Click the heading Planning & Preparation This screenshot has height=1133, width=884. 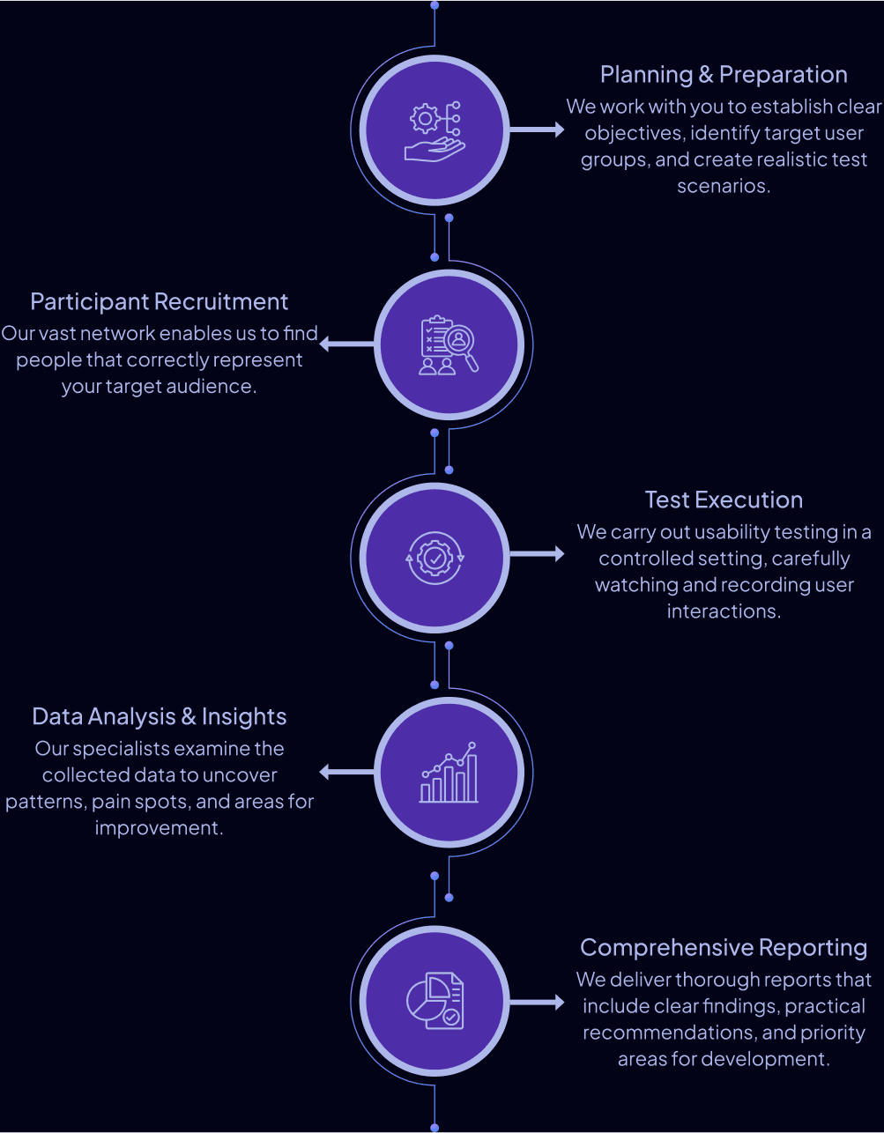(x=724, y=75)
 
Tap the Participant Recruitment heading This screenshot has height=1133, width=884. (x=159, y=302)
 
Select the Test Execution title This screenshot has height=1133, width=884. (x=724, y=500)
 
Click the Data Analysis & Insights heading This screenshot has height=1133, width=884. (x=159, y=717)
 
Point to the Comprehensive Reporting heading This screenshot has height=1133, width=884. (x=724, y=948)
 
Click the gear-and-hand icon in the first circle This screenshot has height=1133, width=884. (x=435, y=131)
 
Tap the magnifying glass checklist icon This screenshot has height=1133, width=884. (x=449, y=345)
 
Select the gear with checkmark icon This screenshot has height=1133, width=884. (x=435, y=558)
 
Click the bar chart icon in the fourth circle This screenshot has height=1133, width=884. (x=449, y=773)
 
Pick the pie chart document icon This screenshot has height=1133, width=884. (x=435, y=1001)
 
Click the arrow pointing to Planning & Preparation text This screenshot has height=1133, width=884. (x=538, y=130)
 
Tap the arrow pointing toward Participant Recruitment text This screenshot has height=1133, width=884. (x=346, y=344)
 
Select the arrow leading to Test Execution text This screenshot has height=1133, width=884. (x=538, y=554)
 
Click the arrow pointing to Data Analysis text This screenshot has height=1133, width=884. (x=346, y=772)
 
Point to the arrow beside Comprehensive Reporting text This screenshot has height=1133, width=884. (x=538, y=1002)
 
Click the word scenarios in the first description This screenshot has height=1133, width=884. (x=723, y=187)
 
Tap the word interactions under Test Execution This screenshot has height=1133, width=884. (x=723, y=611)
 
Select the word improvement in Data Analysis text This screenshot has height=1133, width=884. (x=158, y=828)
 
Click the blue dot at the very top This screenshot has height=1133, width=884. (x=435, y=5)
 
